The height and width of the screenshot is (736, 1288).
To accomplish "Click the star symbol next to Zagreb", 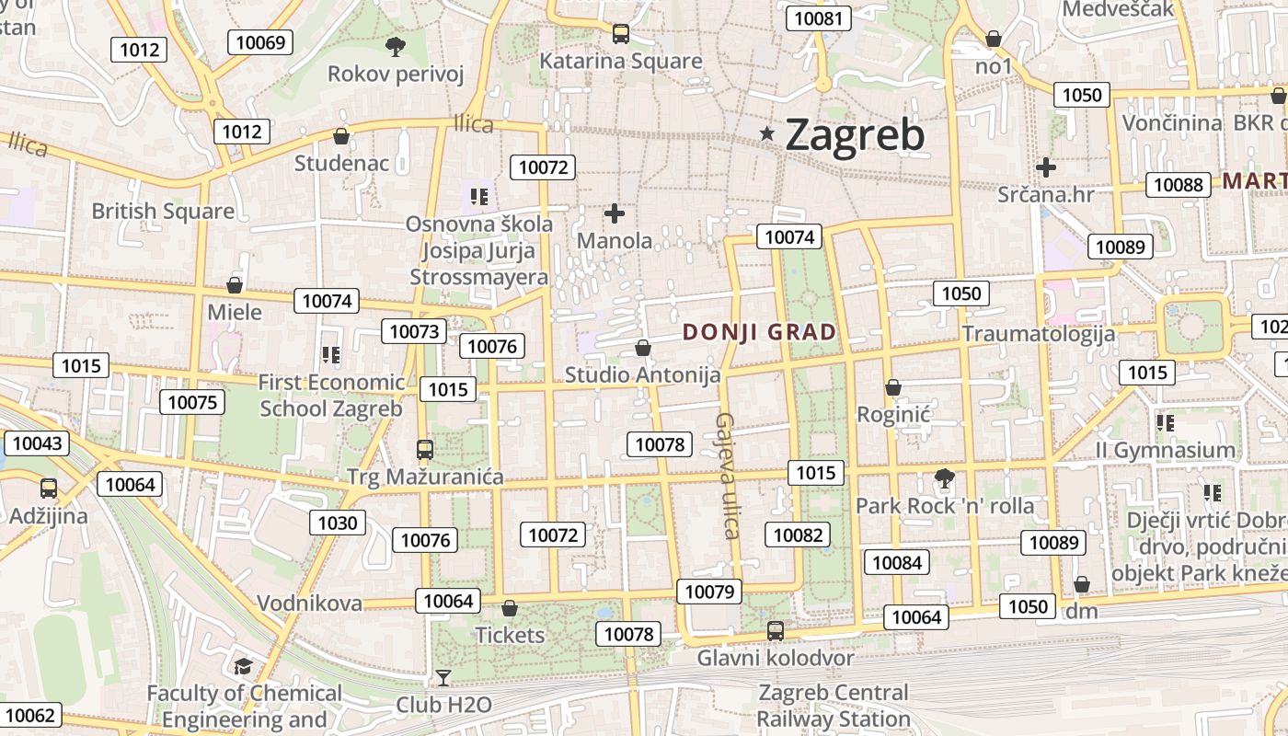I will [767, 134].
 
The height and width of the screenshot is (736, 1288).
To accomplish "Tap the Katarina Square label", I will [620, 62].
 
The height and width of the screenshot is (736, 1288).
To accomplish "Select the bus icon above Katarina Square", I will [621, 34].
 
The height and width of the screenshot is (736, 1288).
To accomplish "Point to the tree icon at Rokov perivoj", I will [396, 46].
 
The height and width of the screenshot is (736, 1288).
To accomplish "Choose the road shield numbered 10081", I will [818, 18].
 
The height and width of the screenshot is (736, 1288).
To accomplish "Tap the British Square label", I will [163, 212].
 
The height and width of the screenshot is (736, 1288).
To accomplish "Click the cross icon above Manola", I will [615, 214].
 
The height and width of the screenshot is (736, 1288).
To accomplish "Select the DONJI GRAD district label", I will [760, 333].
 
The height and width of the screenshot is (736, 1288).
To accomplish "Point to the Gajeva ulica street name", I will [727, 475].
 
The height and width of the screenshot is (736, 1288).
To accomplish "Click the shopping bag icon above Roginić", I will [892, 387].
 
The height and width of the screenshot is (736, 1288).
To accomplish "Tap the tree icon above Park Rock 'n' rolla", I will [944, 477].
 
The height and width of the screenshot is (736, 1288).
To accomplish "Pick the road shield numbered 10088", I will [1178, 184].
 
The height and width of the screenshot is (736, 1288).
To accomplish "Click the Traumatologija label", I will [1039, 334].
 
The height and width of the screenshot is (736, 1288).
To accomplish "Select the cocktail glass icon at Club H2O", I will [443, 678].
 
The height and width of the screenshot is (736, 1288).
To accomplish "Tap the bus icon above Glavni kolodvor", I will [776, 630].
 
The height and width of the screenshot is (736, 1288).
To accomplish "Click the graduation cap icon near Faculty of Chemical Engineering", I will [243, 666].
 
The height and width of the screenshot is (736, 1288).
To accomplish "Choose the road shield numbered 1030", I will [337, 523].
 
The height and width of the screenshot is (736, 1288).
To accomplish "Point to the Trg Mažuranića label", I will [425, 477].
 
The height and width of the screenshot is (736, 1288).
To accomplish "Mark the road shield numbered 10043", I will [38, 443].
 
